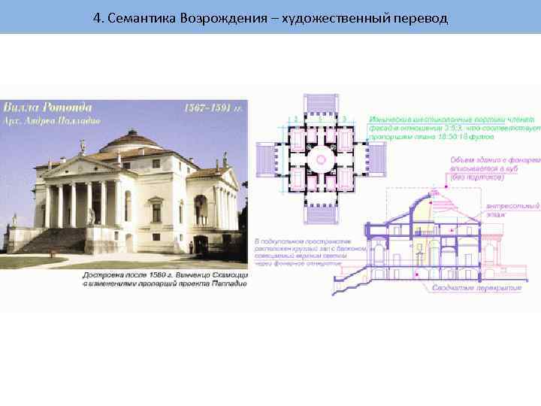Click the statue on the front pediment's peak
coord(83,145)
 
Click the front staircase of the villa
coord(53,240)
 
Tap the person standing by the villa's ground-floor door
coord(194,244)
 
